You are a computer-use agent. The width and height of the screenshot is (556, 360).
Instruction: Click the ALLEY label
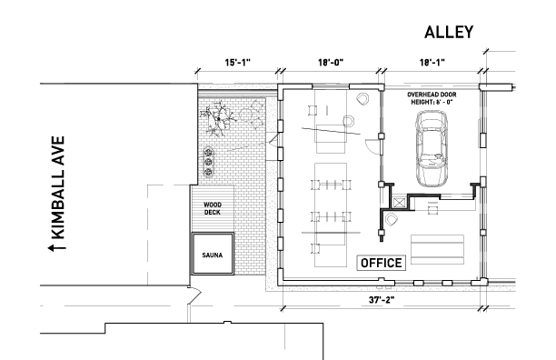[449, 32]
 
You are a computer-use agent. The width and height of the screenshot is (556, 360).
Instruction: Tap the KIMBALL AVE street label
[58, 187]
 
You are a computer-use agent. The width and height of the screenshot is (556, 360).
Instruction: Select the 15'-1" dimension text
[238, 63]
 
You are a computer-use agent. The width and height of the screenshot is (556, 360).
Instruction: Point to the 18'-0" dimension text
[331, 63]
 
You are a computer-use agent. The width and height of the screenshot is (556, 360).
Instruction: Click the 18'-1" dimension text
[432, 63]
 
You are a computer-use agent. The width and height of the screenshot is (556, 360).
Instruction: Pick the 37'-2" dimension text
[382, 300]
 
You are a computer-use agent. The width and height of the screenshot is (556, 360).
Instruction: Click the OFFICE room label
[382, 263]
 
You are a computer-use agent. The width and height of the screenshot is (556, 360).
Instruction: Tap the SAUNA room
[213, 254]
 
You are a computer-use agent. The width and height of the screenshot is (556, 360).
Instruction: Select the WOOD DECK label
[213, 208]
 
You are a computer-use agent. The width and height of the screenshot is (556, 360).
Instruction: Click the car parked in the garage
[432, 148]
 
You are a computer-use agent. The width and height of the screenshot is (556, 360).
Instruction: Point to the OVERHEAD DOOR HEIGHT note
[432, 98]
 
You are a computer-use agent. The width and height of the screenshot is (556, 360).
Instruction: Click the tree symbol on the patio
[218, 119]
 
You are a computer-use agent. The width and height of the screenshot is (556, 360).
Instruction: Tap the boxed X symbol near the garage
[399, 204]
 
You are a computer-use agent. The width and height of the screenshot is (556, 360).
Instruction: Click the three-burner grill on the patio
[208, 162]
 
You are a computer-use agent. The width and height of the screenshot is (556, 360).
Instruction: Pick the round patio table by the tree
[246, 115]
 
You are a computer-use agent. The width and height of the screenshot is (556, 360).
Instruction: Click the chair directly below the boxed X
[391, 220]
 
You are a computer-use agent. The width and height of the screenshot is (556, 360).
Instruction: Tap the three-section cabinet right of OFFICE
[437, 250]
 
